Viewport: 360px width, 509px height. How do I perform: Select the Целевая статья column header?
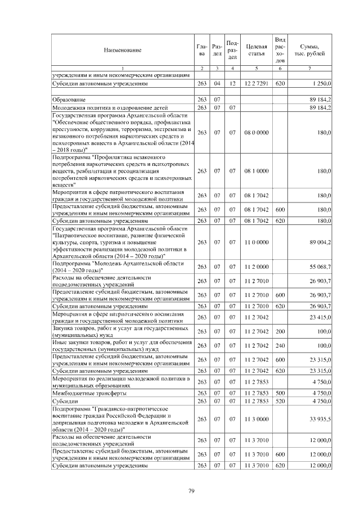coord(256,50)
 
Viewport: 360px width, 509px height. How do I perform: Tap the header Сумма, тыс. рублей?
coord(310,50)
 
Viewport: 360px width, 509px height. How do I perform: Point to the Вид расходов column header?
coord(280,49)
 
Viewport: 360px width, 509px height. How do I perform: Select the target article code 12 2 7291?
coord(256,83)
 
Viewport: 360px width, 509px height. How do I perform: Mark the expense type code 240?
coord(280,345)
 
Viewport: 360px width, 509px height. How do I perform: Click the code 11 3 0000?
coord(256,418)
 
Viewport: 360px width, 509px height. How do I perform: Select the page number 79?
coord(191,492)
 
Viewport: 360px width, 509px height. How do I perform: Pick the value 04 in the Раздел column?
coord(217,83)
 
